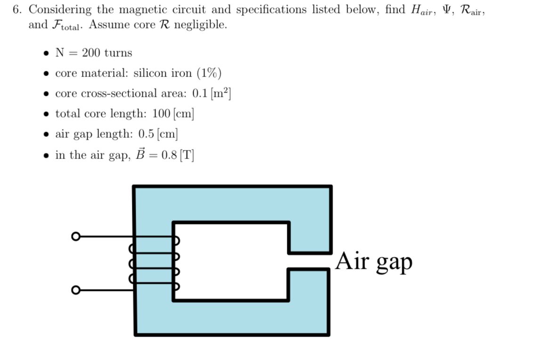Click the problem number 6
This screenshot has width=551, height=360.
[x=17, y=10]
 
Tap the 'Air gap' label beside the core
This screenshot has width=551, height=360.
[x=374, y=262]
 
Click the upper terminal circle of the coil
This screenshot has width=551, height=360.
[x=74, y=237]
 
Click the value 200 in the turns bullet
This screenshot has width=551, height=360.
[x=91, y=53]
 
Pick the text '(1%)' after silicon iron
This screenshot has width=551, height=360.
[x=209, y=73]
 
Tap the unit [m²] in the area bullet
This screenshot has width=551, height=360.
[x=221, y=93]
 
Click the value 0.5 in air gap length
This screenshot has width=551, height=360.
[x=146, y=134]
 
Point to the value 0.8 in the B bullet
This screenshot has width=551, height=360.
[x=168, y=155]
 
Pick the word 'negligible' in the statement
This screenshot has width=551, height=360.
[x=200, y=25]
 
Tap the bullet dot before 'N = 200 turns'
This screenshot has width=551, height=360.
[x=46, y=54]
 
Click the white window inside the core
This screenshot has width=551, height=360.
[x=231, y=261]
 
